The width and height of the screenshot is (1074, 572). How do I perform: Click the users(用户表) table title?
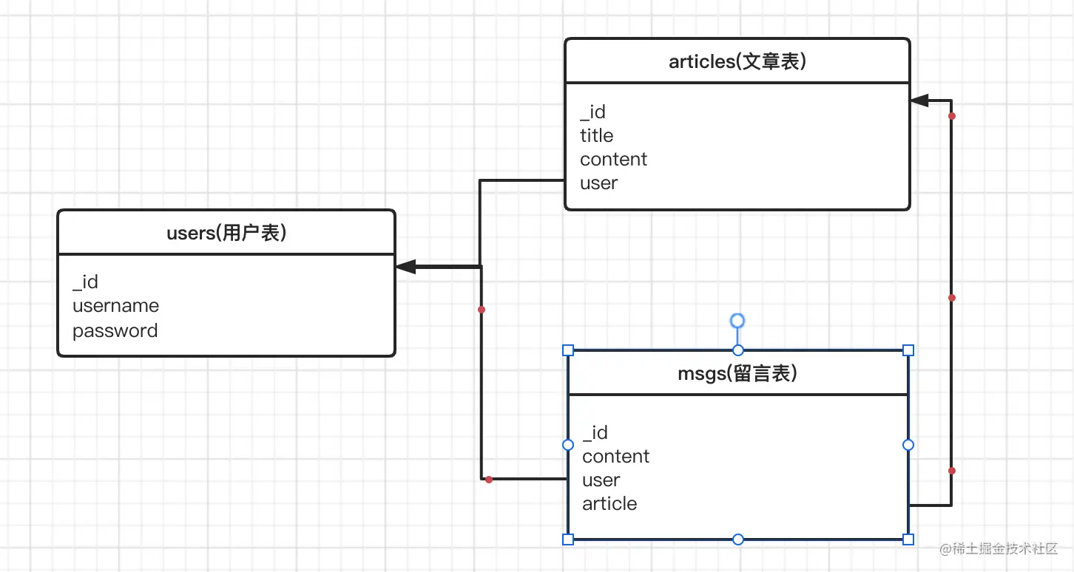tap(226, 234)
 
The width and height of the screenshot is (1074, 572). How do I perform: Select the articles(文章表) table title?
tap(737, 62)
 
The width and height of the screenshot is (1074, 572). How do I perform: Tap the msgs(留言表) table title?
tap(737, 374)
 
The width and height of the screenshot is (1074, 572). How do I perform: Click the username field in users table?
tap(115, 306)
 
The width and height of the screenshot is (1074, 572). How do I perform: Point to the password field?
tap(115, 331)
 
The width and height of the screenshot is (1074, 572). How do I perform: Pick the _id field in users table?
tap(85, 282)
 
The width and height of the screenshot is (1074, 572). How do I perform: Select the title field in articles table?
tap(596, 135)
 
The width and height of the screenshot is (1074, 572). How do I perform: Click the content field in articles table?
tap(613, 159)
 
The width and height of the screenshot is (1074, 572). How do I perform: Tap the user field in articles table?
tap(599, 183)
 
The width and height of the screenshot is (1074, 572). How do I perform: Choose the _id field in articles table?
tap(592, 112)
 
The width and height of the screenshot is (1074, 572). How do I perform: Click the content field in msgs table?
tap(615, 457)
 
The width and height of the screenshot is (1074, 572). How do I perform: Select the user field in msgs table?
tap(601, 480)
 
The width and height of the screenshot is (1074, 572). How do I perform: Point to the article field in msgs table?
tap(609, 503)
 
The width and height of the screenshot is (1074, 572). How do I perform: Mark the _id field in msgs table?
tap(595, 432)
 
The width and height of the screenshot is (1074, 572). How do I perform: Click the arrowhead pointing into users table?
tap(405, 267)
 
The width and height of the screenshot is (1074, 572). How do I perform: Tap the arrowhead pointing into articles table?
tap(919, 101)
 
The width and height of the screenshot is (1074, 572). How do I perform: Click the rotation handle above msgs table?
tap(737, 321)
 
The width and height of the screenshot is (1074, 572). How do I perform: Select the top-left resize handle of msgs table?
tap(568, 350)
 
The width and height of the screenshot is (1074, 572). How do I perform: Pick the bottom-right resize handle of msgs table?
tap(908, 539)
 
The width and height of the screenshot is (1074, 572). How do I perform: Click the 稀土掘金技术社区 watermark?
tap(999, 548)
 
